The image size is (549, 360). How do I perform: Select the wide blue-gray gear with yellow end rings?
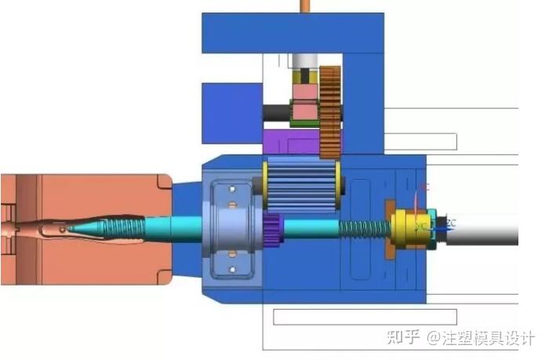click(301, 184)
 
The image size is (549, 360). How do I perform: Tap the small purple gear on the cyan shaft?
click(272, 229)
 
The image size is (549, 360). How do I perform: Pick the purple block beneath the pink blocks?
click(290, 142)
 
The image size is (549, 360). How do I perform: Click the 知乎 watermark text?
click(405, 337)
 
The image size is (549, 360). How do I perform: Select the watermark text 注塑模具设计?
click(488, 337)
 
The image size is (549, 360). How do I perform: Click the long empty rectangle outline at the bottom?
click(392, 317)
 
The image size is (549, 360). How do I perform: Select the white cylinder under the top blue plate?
click(305, 60)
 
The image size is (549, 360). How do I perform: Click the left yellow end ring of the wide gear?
click(264, 184)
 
